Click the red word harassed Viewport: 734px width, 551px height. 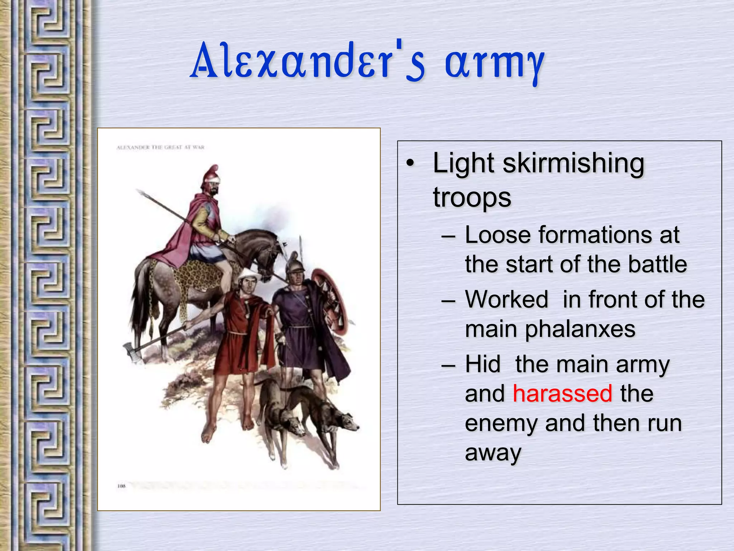click(x=562, y=394)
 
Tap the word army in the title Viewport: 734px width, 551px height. click(x=495, y=63)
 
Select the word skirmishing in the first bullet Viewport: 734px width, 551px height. click(x=574, y=164)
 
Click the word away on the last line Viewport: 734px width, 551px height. click(x=493, y=453)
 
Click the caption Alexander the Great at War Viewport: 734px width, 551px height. click(x=160, y=147)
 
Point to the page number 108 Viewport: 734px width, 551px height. click(x=121, y=486)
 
